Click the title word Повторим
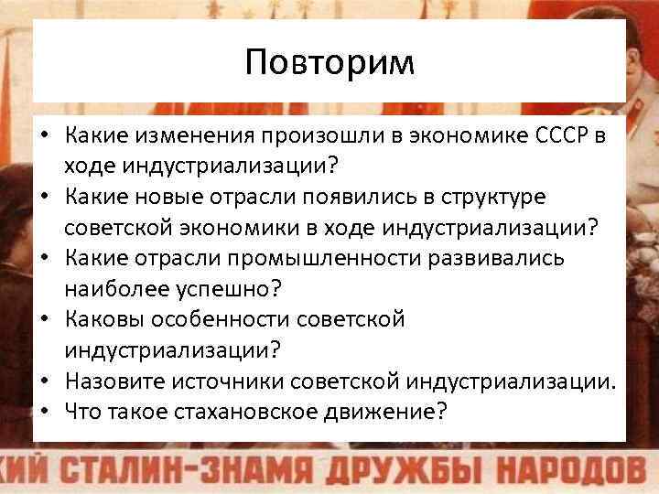click(x=329, y=62)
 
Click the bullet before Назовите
click(x=43, y=381)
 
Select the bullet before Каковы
click(x=43, y=319)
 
